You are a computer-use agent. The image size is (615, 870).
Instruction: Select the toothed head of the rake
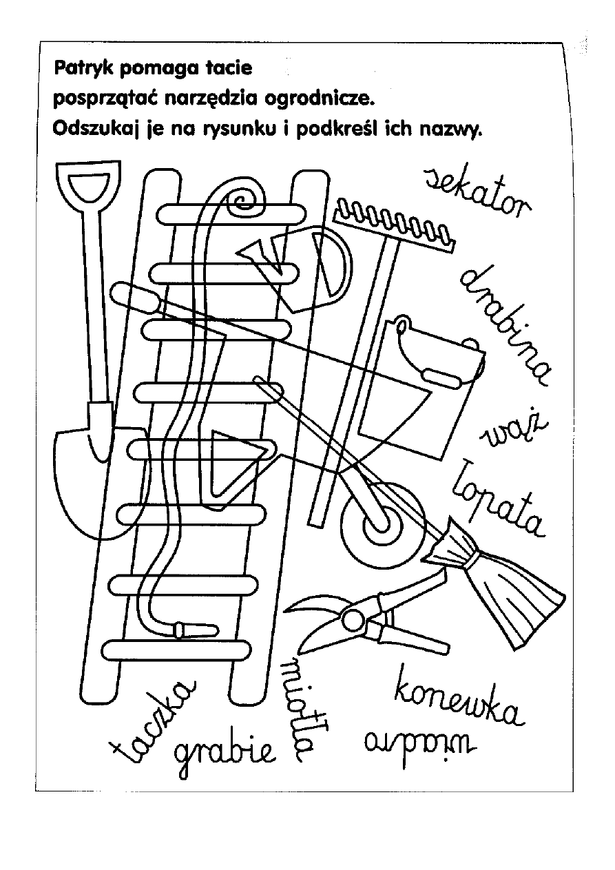pyautogui.click(x=395, y=225)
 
